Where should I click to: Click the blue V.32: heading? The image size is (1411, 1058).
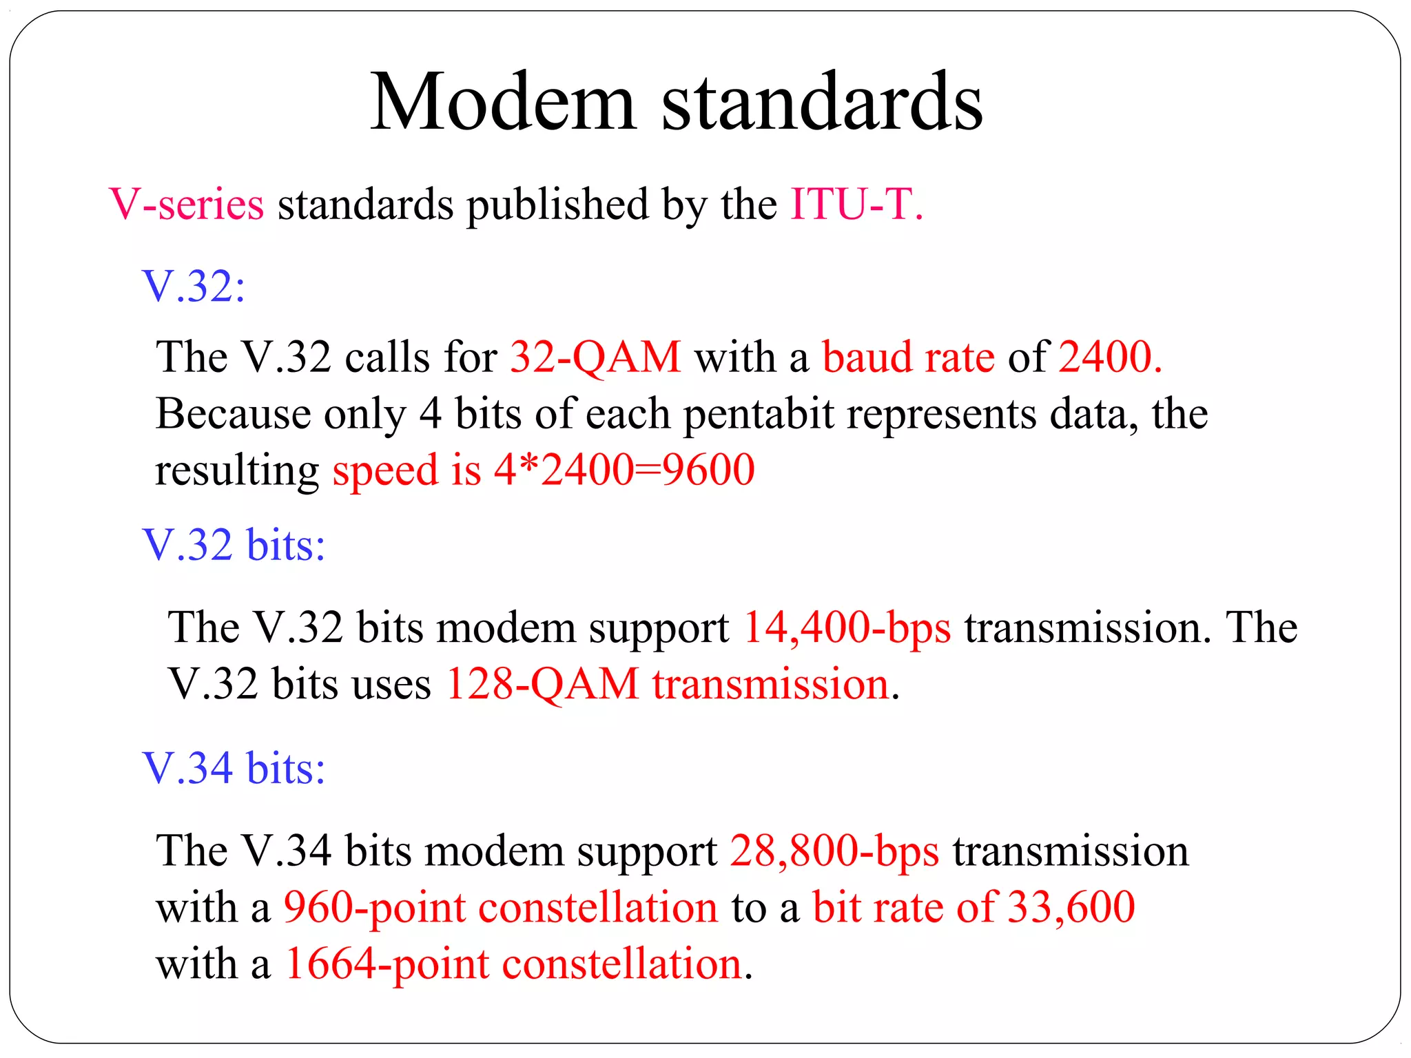(x=194, y=286)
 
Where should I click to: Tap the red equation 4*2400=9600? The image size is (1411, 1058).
(x=624, y=470)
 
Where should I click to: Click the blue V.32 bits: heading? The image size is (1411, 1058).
(x=234, y=545)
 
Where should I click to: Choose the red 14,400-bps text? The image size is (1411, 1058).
(x=847, y=627)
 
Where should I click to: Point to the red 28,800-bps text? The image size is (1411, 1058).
(x=834, y=851)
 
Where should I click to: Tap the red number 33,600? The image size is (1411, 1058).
(x=1071, y=907)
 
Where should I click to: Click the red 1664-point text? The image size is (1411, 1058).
(x=387, y=964)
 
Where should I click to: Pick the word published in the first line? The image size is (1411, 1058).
(x=557, y=205)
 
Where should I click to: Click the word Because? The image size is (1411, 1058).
(x=234, y=414)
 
